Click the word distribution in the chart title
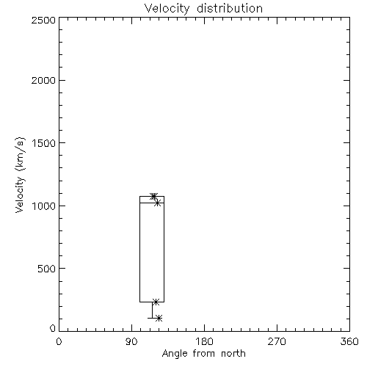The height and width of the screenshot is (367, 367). [x=230, y=8]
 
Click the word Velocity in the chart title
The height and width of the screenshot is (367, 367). [x=167, y=8]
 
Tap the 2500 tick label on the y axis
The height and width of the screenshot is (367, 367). [x=43, y=20]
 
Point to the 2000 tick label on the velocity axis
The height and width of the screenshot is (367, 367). [x=43, y=80]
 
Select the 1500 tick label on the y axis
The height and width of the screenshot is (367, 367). [x=44, y=143]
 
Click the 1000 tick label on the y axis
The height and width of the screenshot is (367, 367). [x=44, y=206]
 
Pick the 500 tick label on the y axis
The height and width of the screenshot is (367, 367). [x=47, y=269]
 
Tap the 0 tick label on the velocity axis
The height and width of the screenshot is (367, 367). [x=53, y=328]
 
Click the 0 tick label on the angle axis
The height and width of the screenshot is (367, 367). [x=59, y=341]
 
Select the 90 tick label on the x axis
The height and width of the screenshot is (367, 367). [x=131, y=341]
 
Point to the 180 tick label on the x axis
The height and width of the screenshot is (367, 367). [x=204, y=341]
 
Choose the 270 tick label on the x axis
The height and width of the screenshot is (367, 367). [x=277, y=341]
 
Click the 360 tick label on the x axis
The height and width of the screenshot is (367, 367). [x=349, y=341]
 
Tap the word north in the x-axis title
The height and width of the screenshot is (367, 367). [x=233, y=354]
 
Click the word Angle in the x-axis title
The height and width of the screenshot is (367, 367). [x=175, y=354]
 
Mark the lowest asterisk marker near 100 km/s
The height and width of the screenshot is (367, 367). [x=159, y=318]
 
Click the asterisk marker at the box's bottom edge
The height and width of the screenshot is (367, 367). [x=156, y=302]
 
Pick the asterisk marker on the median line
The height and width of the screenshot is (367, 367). [x=158, y=203]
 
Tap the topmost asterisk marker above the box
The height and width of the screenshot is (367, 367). [x=153, y=196]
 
